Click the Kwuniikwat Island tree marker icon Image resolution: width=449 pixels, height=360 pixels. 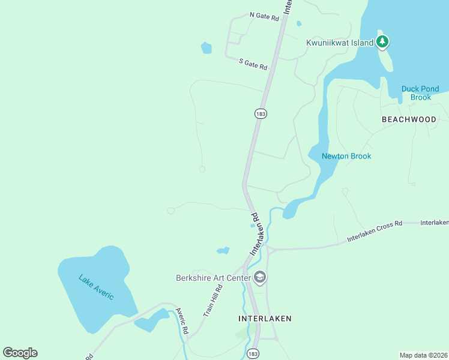pos(382,42)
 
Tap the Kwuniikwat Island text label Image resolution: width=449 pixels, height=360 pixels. pos(340,43)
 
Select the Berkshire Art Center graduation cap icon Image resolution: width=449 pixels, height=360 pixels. pos(260,277)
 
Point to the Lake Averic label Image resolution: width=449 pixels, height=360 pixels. pos(96,287)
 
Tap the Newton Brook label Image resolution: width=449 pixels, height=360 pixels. pos(346,156)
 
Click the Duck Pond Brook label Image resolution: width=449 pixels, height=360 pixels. pos(420,93)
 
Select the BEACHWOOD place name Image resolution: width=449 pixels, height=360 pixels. pos(409,119)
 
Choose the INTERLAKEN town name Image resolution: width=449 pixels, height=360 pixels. pos(265,319)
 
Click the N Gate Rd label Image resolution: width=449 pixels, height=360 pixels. pos(265,16)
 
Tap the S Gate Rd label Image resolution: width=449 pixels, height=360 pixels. pos(253,64)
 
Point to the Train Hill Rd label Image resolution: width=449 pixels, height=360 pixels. pos(212,301)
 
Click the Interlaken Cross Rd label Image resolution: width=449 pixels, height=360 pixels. pos(375,232)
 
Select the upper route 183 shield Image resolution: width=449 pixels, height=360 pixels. pos(260,113)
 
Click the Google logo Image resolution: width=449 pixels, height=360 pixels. pos(20,353)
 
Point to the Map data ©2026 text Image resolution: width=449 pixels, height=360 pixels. pos(423,355)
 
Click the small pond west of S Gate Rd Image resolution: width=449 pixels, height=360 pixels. pos(206,48)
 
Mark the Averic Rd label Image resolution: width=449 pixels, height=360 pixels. pos(182,322)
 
